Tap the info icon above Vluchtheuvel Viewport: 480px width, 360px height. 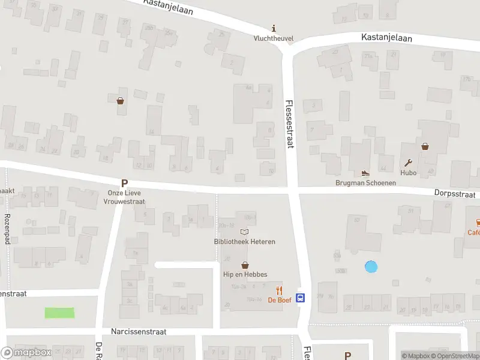point(274,28)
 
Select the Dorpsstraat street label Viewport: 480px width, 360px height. point(455,194)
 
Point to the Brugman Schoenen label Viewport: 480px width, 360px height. point(365,182)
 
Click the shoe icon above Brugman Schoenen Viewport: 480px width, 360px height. point(365,173)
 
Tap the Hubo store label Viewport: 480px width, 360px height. point(409,173)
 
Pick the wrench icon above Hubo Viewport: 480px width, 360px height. point(409,163)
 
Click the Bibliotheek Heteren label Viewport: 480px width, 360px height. point(244,242)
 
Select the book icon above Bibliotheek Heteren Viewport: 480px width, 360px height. point(244,232)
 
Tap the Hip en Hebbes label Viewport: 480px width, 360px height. point(245,274)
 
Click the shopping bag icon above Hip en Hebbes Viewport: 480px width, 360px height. point(245,265)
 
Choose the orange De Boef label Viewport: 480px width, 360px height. point(279,300)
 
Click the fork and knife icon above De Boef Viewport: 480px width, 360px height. point(279,290)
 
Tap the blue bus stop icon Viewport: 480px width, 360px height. point(302,297)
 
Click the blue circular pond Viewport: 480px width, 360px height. point(371,266)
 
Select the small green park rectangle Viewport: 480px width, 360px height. point(59,313)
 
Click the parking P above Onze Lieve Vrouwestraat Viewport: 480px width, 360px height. point(125,184)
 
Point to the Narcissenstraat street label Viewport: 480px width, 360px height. point(139,331)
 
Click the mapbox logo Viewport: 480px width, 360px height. point(26,353)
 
